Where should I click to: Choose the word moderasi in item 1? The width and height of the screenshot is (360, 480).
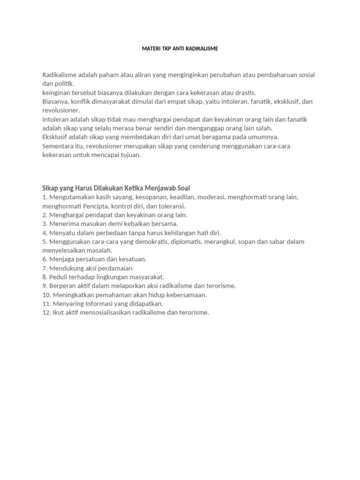(211, 197)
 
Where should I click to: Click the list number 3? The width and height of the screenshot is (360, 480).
(45, 224)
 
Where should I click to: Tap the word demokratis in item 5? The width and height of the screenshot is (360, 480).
(156, 241)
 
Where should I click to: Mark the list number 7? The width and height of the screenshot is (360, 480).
(45, 268)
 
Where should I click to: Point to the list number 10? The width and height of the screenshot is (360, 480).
(46, 295)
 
